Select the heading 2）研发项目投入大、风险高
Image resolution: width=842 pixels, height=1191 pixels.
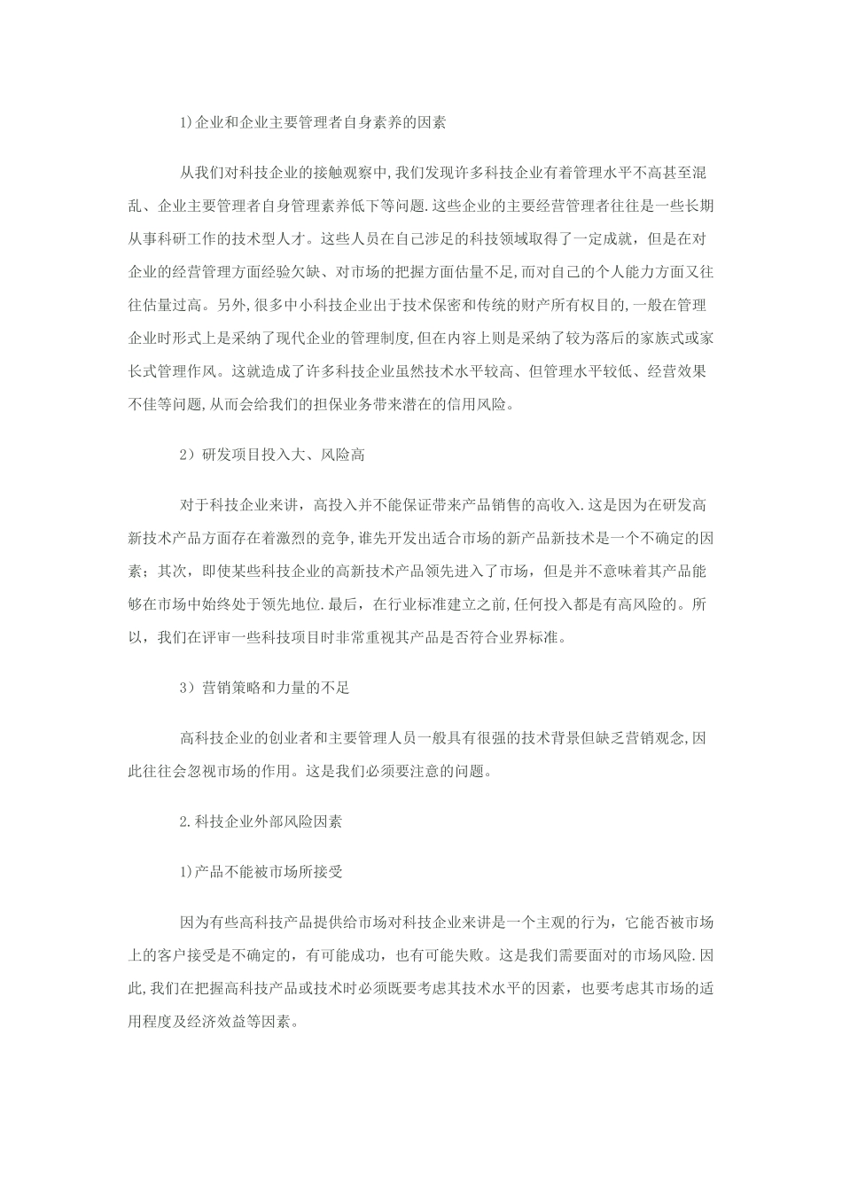pos(272,455)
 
